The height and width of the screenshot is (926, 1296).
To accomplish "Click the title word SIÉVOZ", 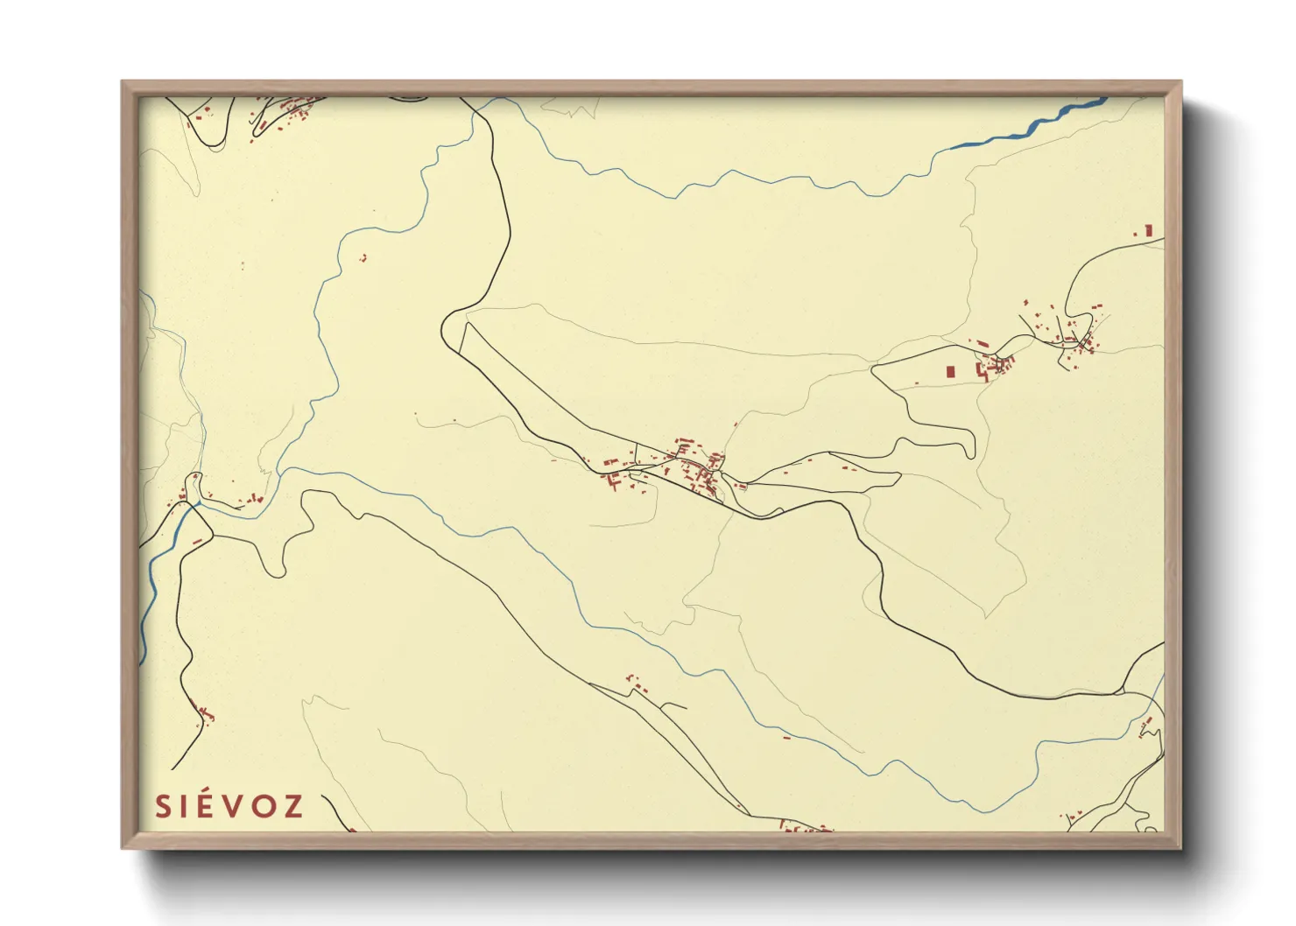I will click(229, 806).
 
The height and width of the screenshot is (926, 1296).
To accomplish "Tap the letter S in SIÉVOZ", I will click(163, 806).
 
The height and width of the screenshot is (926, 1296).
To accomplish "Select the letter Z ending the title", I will click(294, 806).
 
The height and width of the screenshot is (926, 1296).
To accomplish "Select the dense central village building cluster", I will click(701, 468).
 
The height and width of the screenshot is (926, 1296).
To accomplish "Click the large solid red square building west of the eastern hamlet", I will click(950, 371).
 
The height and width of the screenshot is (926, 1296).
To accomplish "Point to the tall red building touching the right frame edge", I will click(1148, 230).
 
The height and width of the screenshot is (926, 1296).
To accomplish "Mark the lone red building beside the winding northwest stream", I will click(363, 258).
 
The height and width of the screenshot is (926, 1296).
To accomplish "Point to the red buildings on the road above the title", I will click(207, 713).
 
